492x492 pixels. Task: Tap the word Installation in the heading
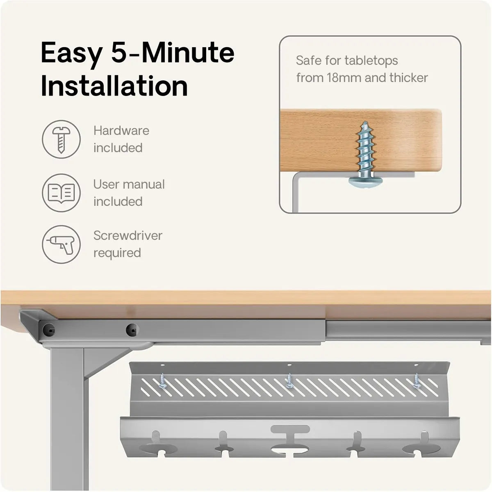pos(114,86)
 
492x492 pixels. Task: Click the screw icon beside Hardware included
pos(61,139)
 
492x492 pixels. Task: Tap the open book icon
pos(61,193)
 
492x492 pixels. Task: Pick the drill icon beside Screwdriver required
pos(61,244)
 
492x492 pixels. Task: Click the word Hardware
pos(121,131)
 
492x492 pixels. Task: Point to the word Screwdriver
pos(128,236)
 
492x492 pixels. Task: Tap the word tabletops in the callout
pos(371,61)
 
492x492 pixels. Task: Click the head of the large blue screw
pos(366,182)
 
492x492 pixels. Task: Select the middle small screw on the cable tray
pos(289,381)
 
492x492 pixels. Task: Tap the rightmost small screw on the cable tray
pos(417,381)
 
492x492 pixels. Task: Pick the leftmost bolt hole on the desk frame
pos(48,330)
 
